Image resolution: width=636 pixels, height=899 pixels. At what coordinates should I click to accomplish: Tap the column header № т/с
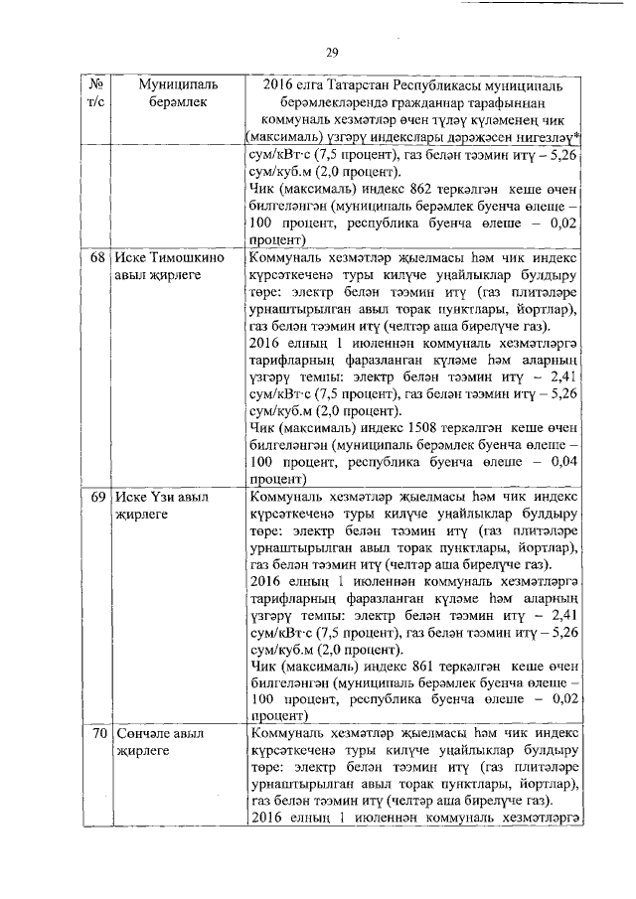point(98,94)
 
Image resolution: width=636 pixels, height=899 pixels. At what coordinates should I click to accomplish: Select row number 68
point(98,257)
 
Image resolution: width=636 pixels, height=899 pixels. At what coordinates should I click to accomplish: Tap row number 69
point(98,496)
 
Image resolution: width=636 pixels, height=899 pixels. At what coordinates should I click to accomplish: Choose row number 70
point(98,734)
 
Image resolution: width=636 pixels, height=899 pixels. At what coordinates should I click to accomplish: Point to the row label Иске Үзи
point(147,496)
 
